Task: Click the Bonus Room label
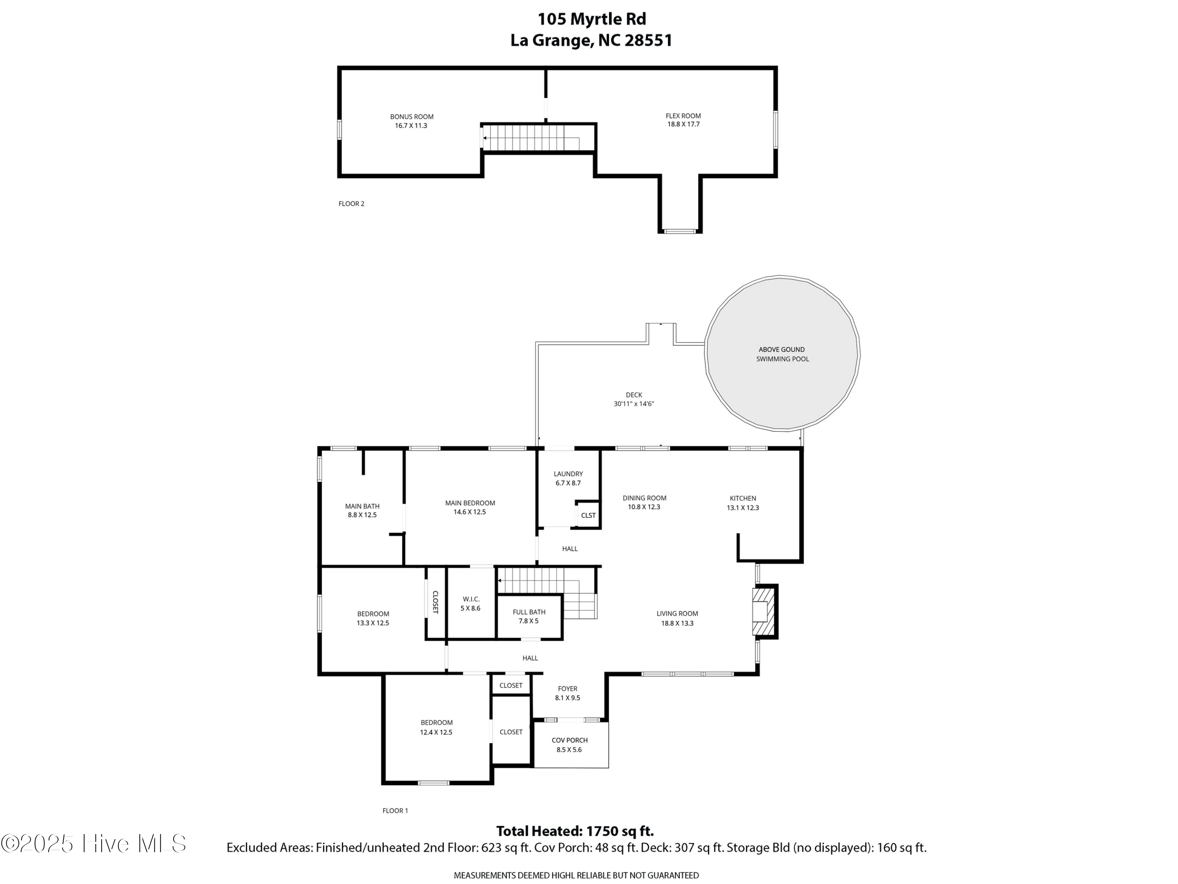click(412, 117)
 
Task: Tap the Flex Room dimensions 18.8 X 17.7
click(683, 124)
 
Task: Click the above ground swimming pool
click(782, 354)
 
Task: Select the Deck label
click(634, 395)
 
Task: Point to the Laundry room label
click(568, 474)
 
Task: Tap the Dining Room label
click(644, 498)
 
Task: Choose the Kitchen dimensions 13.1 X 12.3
click(743, 508)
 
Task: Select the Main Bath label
click(362, 506)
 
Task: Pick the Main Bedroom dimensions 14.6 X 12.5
click(470, 512)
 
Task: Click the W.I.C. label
click(471, 599)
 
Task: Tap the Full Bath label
click(529, 612)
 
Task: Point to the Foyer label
click(568, 688)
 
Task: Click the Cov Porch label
click(570, 740)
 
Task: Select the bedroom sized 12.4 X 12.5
click(436, 727)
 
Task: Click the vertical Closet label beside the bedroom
click(435, 602)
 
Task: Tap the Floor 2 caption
click(351, 204)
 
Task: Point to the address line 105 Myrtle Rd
click(592, 19)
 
